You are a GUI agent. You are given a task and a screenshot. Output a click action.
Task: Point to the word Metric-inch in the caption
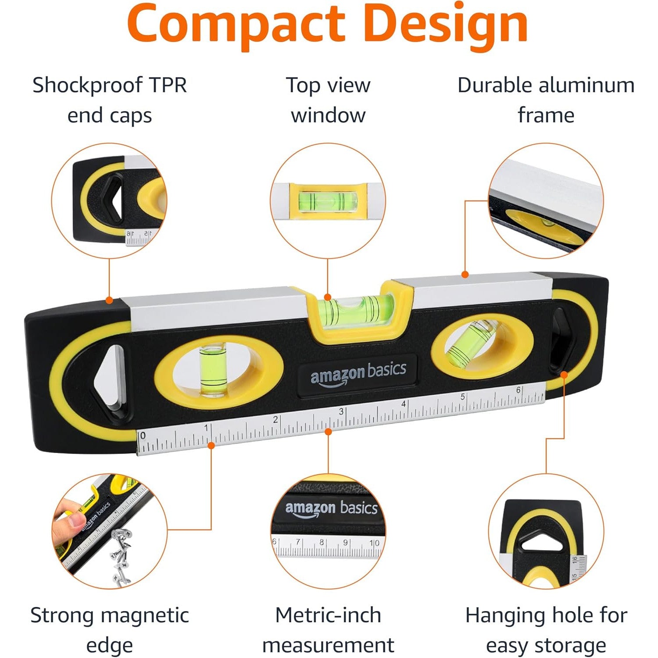328,615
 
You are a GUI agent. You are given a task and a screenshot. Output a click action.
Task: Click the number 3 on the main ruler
341,412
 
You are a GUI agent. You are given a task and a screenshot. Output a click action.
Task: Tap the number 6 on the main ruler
519,390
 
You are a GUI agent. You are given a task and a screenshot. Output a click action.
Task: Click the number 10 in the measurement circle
374,543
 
